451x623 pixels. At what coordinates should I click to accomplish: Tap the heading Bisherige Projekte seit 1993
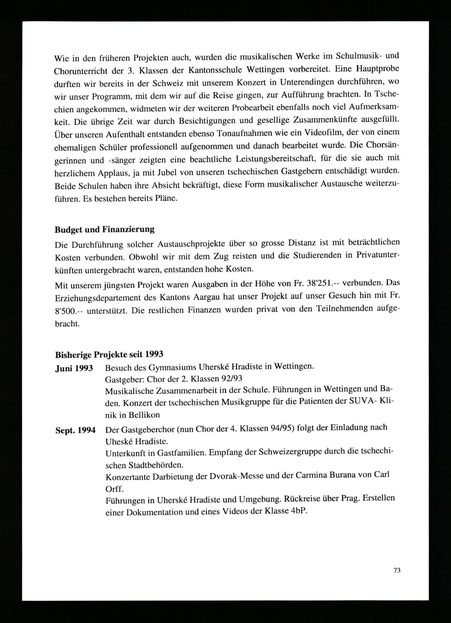pos(109,354)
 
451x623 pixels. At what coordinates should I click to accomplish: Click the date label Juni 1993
pos(74,368)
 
